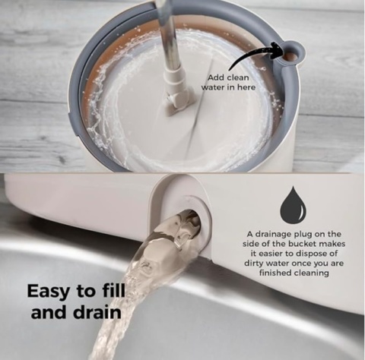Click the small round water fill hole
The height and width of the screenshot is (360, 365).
[x=291, y=55]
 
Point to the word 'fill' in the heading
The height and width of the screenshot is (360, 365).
[x=117, y=291]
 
